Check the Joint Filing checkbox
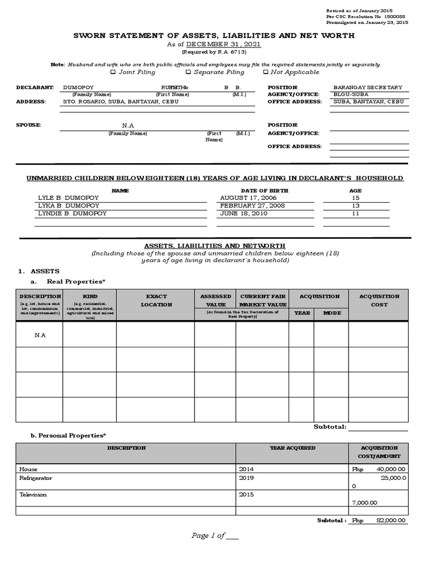[x=113, y=72]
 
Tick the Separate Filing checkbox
[x=188, y=72]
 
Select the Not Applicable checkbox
[x=266, y=72]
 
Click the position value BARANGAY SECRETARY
[x=368, y=87]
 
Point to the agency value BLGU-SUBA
[x=351, y=95]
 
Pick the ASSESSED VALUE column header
[x=215, y=301]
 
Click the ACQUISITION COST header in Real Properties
[x=379, y=301]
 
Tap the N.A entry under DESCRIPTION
[x=39, y=336]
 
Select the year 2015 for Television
[x=246, y=494]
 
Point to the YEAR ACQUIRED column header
[x=292, y=448]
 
